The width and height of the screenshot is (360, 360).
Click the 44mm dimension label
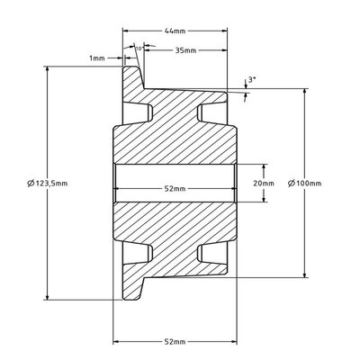pyautogui.click(x=175, y=31)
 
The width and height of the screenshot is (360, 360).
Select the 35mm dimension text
pyautogui.click(x=185, y=50)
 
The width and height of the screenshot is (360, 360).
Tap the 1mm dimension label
pyautogui.click(x=97, y=58)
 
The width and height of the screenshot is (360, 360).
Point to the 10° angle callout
pyautogui.click(x=139, y=49)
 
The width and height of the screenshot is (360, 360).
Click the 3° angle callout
pyautogui.click(x=252, y=80)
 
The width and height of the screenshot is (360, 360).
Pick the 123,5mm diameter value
pyautogui.click(x=51, y=184)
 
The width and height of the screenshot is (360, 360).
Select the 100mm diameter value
pyautogui.click(x=309, y=184)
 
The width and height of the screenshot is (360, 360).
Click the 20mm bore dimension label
pyautogui.click(x=264, y=184)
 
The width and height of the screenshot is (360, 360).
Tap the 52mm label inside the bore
pyautogui.click(x=175, y=189)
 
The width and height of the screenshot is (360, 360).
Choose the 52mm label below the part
pyautogui.click(x=175, y=342)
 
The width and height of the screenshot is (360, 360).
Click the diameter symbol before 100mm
pyautogui.click(x=292, y=184)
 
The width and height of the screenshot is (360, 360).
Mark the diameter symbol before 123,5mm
pyautogui.click(x=31, y=184)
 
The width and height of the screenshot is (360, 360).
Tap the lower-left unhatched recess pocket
pyautogui.click(x=137, y=254)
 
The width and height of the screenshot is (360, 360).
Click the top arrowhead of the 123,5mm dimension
pyautogui.click(x=47, y=69)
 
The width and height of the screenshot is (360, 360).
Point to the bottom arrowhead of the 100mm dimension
pyautogui.click(x=305, y=274)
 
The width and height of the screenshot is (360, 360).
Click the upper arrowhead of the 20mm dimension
pyautogui.click(x=264, y=167)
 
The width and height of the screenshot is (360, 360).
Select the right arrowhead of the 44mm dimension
pyautogui.click(x=224, y=31)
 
